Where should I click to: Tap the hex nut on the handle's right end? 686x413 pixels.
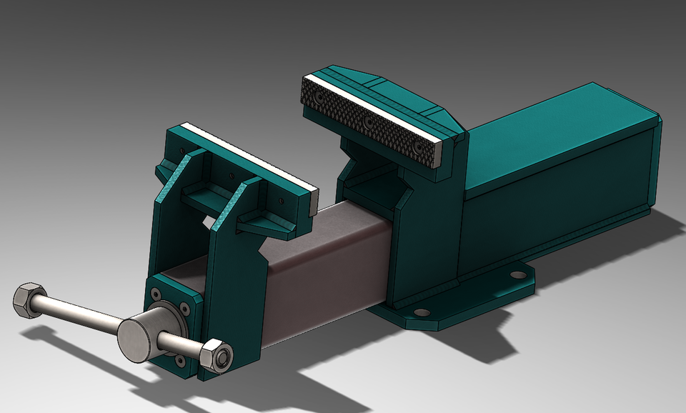tap(215, 355)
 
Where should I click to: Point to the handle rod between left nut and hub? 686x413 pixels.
tap(79, 314)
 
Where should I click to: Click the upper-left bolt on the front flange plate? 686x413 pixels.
tap(156, 292)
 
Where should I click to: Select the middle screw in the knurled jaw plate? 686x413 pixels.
tap(369, 122)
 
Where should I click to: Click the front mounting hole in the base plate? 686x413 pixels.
tap(422, 312)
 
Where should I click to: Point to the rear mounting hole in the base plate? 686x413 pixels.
tap(516, 274)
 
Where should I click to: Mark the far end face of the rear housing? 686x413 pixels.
tap(656, 164)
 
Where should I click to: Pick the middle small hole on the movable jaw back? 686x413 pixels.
tap(231, 174)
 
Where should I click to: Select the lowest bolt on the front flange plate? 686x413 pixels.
tap(178, 364)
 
